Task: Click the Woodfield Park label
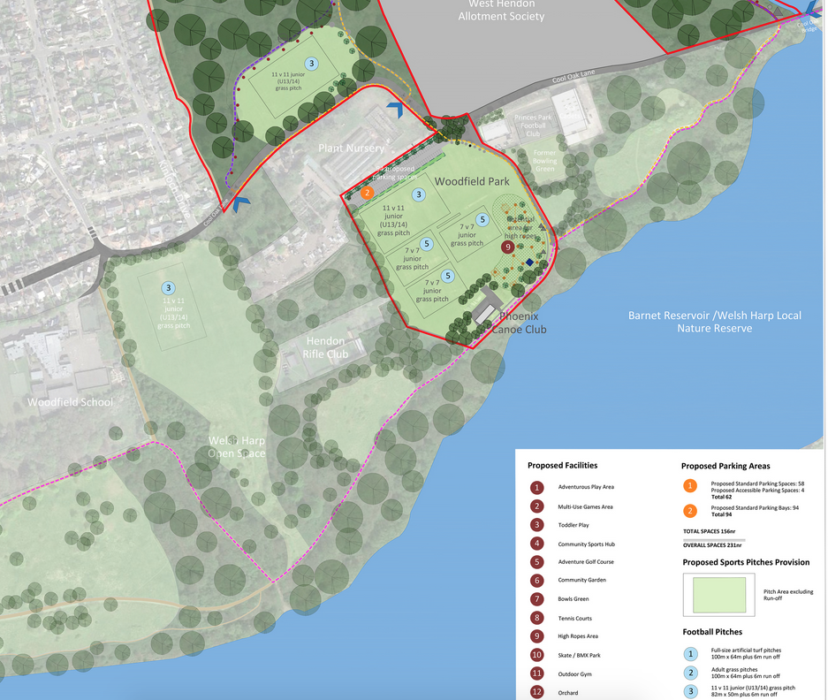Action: coord(471,180)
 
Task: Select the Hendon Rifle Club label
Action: coord(326,347)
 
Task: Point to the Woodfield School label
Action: coord(70,402)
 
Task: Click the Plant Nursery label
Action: coord(352,148)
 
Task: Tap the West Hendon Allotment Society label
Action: coord(501,11)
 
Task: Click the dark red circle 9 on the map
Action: coord(507,247)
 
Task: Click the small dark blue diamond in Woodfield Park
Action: coord(528,262)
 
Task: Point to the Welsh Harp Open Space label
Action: coord(236,447)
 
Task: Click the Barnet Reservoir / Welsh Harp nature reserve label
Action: coord(689,322)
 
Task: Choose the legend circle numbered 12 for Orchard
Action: coord(536,692)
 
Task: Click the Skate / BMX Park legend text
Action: coord(581,656)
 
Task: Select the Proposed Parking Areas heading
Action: coord(725,466)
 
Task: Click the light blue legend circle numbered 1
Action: coord(690,655)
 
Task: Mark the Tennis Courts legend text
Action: coord(575,619)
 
